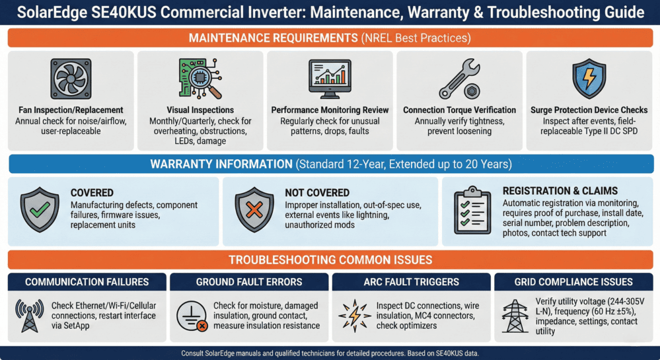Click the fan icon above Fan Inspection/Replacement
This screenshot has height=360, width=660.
[71, 79]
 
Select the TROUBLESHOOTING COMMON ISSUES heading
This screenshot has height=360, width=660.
[330, 260]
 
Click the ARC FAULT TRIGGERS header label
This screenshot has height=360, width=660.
[411, 282]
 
